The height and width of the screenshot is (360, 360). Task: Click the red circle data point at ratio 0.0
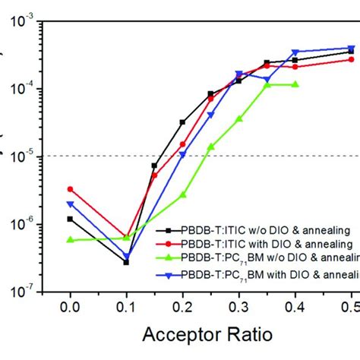[70, 189]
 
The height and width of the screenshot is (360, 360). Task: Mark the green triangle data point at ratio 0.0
[70, 239]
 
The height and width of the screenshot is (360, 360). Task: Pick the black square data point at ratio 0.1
[126, 262]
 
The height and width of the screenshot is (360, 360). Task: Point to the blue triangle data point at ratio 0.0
[70, 204]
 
